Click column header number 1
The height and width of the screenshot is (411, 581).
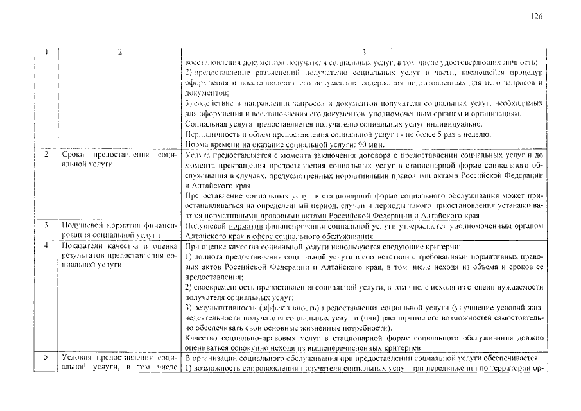pos(46,52)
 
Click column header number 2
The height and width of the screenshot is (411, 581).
pos(119,52)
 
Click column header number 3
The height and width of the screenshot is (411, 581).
pos(363,52)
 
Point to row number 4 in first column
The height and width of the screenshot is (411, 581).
pos(46,246)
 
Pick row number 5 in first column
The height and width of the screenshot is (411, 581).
pos(46,358)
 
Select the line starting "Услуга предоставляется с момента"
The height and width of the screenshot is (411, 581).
pos(363,155)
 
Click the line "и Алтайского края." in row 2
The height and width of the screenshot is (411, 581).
pos(209,185)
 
